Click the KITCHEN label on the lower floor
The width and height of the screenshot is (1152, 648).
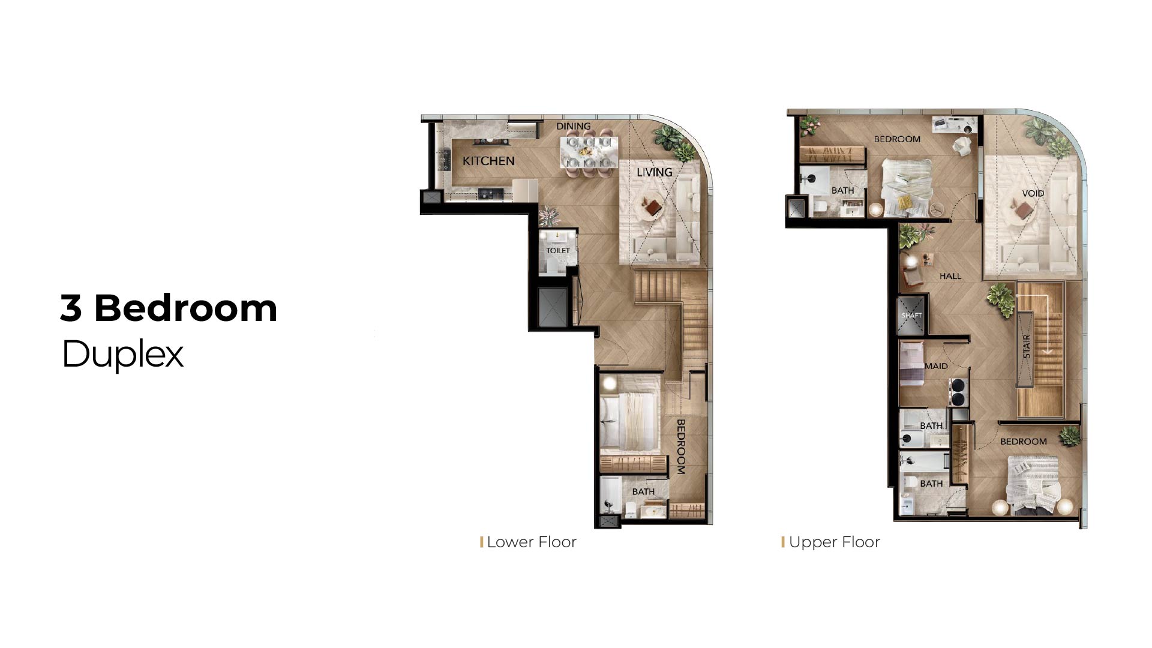488,161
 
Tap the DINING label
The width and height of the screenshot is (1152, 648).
573,126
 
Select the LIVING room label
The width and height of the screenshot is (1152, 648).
654,172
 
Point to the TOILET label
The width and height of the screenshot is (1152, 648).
558,250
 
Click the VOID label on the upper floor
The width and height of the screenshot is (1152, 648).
1033,193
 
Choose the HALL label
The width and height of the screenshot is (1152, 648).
950,276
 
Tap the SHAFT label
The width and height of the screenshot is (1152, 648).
911,316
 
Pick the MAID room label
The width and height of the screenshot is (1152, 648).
936,366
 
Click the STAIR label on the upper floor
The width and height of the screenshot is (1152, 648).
1026,346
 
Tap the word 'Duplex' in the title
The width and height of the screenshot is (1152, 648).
122,355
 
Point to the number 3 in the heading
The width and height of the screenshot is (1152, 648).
71,308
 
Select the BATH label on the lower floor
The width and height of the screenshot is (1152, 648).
643,491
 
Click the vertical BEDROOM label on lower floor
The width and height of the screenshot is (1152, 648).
681,447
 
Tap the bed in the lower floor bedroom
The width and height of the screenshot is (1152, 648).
629,421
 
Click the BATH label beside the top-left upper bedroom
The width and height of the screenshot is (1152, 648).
842,190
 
